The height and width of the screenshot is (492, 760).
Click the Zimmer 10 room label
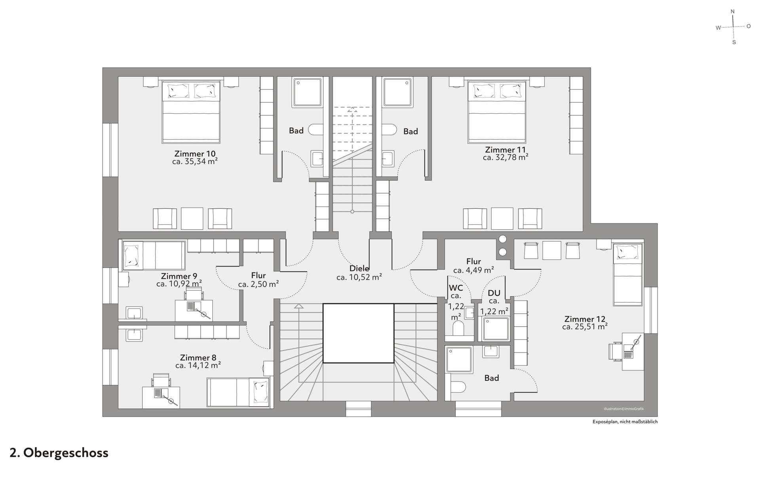tap(195, 154)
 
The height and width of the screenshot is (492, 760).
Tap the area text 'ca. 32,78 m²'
tap(505, 157)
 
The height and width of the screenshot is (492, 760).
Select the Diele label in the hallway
tap(359, 269)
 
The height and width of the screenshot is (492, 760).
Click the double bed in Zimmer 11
tap(497, 112)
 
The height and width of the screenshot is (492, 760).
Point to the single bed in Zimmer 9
tap(154, 255)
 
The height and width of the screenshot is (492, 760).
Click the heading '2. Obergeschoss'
tap(59, 453)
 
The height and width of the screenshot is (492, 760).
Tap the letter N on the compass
tap(732, 12)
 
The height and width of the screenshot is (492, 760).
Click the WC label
tap(456, 288)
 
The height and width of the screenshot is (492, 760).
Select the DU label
tap(494, 293)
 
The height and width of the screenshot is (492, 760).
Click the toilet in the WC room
tap(458, 328)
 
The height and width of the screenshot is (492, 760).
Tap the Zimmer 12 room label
tap(585, 319)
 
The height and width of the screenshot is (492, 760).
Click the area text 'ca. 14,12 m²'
tap(198, 365)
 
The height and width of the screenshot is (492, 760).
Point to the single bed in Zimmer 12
tap(628, 274)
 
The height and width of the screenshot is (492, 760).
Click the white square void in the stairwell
tap(358, 333)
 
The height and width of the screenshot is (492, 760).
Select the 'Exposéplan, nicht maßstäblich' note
tap(625, 421)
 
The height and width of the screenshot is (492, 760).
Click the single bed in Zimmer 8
tap(238, 392)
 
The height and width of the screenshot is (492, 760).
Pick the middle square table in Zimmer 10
tap(192, 218)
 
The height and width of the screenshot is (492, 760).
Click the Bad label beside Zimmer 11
tap(410, 132)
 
